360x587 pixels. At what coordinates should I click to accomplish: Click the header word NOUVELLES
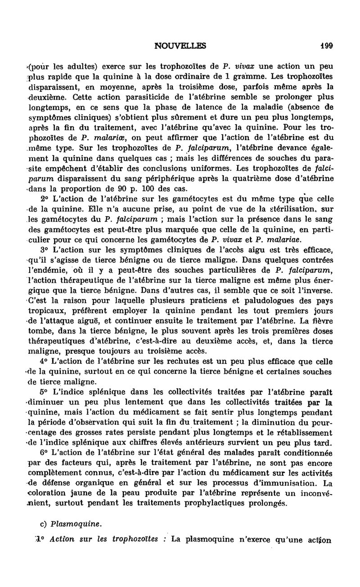click(180, 45)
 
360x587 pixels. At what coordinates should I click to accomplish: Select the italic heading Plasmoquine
click(70, 524)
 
